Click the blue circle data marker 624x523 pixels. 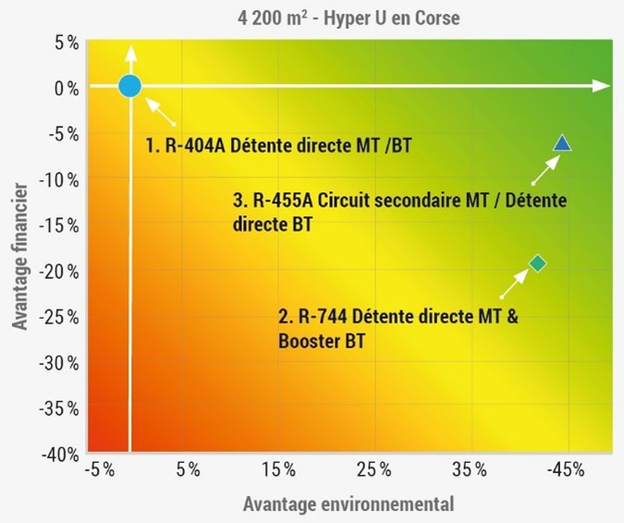[x=129, y=86]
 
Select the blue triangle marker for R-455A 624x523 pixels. [x=562, y=143]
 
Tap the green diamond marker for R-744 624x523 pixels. [x=537, y=264]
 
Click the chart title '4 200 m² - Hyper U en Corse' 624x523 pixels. [x=312, y=18]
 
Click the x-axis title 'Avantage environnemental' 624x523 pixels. [x=349, y=505]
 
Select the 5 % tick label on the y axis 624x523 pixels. [x=64, y=43]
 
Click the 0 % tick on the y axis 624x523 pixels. [x=64, y=89]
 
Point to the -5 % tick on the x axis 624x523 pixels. [x=99, y=470]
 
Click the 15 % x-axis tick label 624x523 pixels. [x=279, y=470]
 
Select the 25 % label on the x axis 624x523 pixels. [x=373, y=470]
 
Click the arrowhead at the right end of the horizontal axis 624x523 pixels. [x=604, y=86]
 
